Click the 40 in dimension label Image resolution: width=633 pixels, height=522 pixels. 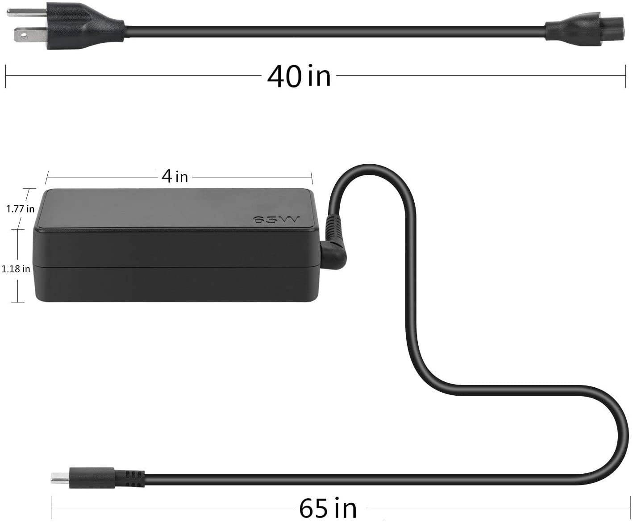click(x=299, y=76)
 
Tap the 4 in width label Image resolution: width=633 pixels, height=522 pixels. click(x=175, y=177)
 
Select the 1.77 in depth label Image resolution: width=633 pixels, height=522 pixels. click(x=21, y=208)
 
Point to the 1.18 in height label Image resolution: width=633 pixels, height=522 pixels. click(x=16, y=269)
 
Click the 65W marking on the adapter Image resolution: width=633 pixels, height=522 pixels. click(x=276, y=220)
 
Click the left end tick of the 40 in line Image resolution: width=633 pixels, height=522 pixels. click(x=5, y=76)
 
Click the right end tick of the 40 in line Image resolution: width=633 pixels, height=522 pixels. click(x=625, y=76)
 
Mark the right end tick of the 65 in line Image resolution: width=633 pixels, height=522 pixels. click(x=630, y=507)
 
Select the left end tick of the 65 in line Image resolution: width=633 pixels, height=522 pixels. click(x=51, y=507)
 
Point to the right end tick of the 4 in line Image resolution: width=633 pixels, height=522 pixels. click(x=312, y=178)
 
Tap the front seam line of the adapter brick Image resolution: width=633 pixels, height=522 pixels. click(x=179, y=266)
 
